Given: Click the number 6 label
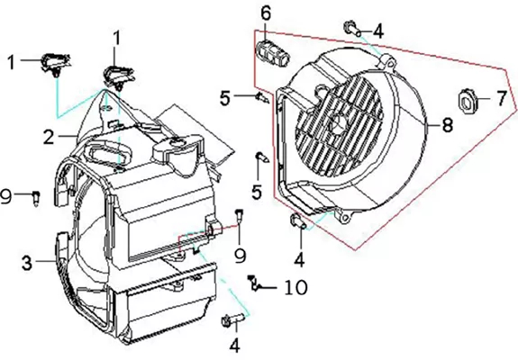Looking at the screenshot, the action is click(266, 13).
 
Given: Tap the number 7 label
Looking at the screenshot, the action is click(502, 98).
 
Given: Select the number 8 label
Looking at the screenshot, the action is click(447, 125).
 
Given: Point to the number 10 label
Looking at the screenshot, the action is click(295, 287).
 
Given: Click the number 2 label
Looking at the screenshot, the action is click(49, 137).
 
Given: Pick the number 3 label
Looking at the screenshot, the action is click(27, 263).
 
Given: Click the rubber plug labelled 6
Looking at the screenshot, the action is click(273, 52).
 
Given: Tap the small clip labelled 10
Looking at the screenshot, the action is click(254, 283).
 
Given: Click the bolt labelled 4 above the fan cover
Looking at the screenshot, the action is click(352, 29).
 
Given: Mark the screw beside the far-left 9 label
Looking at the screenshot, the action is click(37, 197).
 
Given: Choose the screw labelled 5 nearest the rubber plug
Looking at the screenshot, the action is click(262, 98).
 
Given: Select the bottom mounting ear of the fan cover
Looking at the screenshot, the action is click(343, 216).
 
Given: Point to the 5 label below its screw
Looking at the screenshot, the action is click(257, 192).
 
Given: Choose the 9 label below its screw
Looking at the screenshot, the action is click(241, 255).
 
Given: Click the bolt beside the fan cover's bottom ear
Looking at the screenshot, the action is click(299, 221).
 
